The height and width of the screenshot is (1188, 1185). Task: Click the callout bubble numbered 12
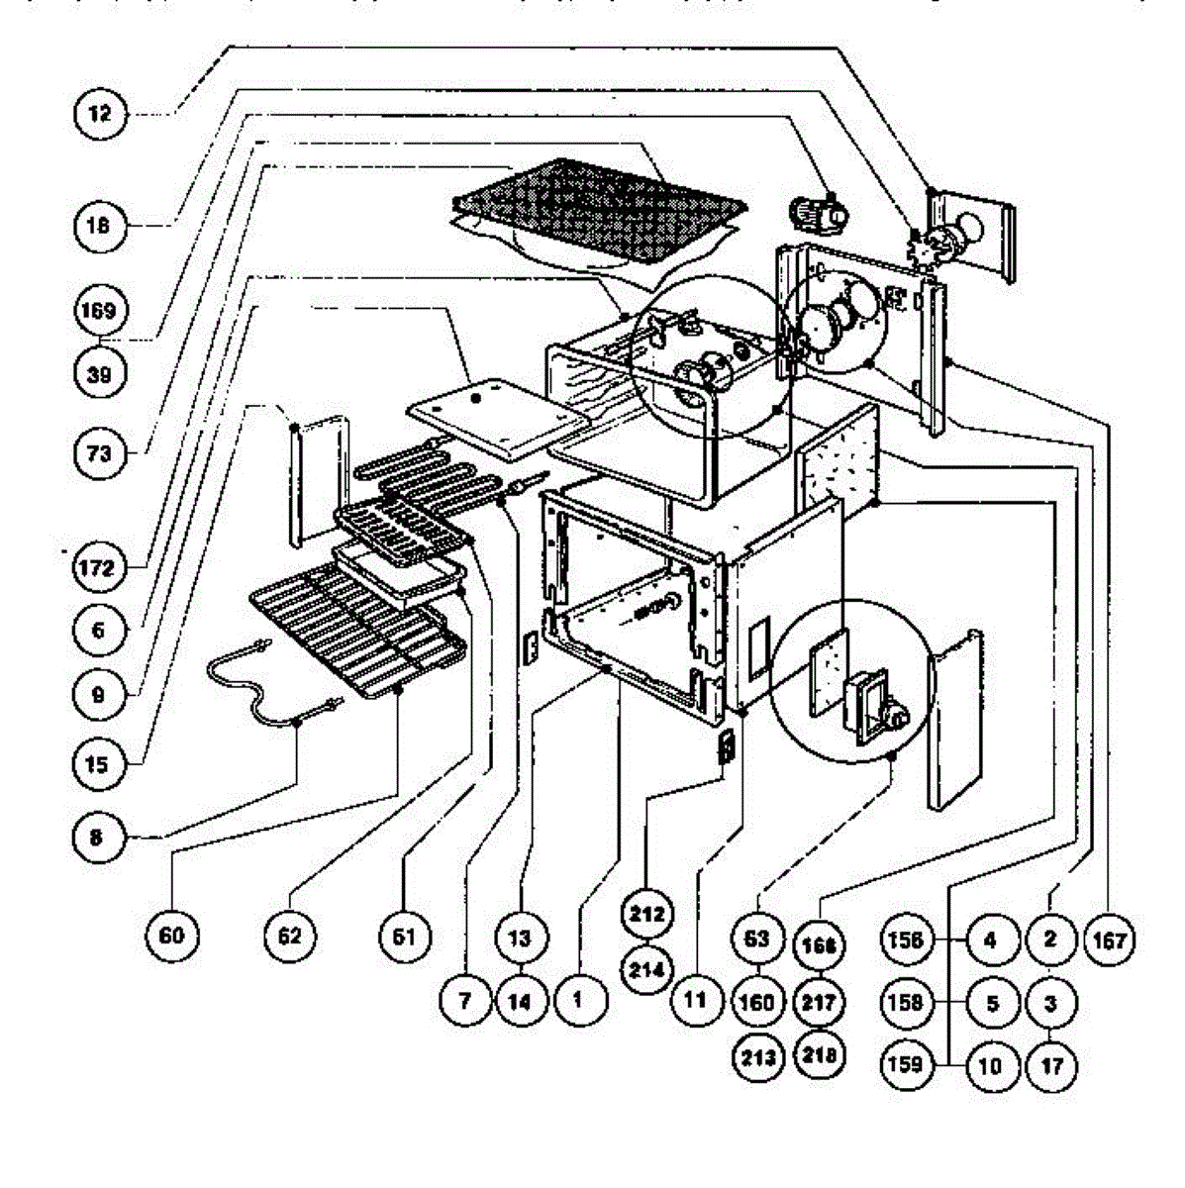click(100, 114)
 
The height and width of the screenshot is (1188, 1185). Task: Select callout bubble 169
click(99, 310)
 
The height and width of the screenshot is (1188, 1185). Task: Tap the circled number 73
click(99, 454)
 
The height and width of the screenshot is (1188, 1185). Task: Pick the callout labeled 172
click(99, 567)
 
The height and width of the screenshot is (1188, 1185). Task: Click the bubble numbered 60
click(171, 935)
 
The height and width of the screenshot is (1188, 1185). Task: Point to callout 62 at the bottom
click(289, 935)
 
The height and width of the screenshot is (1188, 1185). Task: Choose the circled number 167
click(1110, 940)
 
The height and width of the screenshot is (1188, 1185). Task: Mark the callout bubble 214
click(646, 970)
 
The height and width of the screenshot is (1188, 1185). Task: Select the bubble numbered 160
click(756, 1003)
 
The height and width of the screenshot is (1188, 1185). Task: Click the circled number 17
click(1051, 1066)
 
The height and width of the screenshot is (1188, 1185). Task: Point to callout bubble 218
click(820, 1055)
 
